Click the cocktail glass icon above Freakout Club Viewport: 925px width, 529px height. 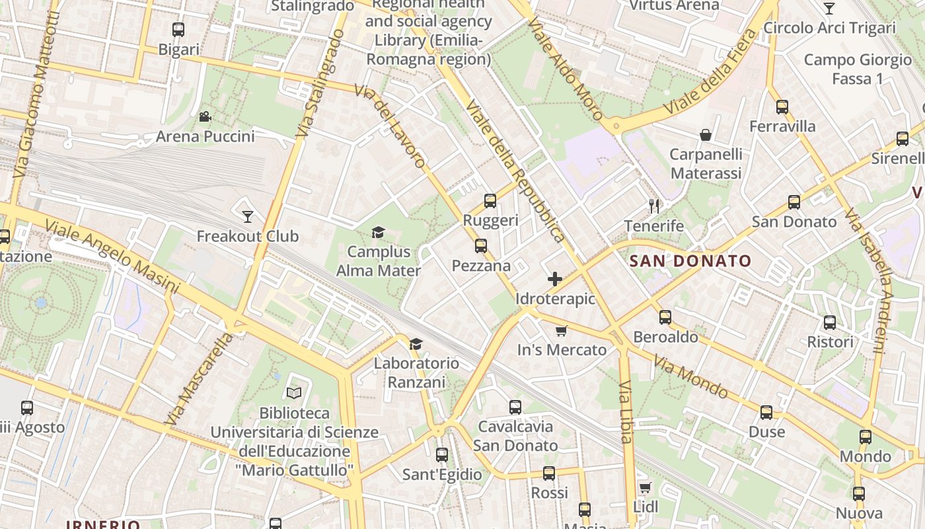[x=248, y=216]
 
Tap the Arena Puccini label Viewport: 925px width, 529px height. [x=205, y=137]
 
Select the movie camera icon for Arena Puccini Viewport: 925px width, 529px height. [x=205, y=117]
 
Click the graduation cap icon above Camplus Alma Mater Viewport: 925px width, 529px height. [x=378, y=232]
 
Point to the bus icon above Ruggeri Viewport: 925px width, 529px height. [x=490, y=201]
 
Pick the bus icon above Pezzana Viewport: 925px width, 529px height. [x=480, y=246]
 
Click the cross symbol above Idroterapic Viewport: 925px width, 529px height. [x=555, y=279]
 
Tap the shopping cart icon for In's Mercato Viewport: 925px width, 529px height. [x=561, y=331]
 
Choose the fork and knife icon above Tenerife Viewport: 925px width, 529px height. [x=654, y=206]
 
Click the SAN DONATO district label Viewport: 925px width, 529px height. [x=690, y=261]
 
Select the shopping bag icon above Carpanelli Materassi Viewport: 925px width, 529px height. [x=706, y=135]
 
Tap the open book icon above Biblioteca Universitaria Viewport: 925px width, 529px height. [x=294, y=393]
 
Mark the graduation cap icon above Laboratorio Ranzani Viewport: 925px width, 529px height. [x=416, y=344]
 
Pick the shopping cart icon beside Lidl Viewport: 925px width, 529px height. [x=646, y=487]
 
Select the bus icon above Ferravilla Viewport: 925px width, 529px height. [x=782, y=106]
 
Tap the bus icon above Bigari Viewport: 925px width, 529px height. [x=178, y=30]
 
